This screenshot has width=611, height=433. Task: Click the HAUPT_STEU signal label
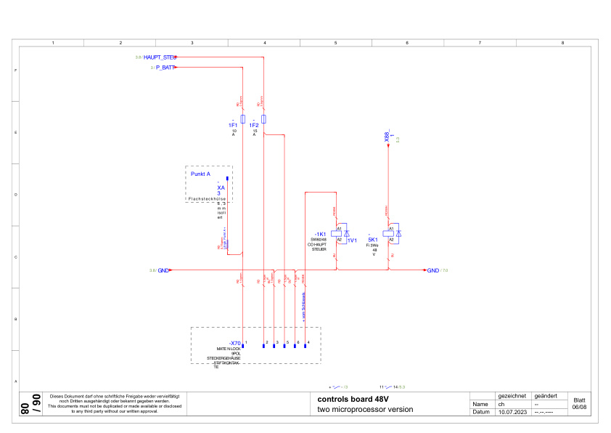160,56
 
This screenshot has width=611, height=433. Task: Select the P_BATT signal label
165,68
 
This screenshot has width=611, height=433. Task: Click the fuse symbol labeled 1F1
242,118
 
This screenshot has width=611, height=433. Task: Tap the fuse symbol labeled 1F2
263,118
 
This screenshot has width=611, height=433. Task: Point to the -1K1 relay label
320,234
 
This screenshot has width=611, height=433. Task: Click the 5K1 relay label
372,239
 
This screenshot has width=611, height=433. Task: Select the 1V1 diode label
353,240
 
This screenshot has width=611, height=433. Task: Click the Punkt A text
200,174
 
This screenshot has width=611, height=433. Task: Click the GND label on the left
163,270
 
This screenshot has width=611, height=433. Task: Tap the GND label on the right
432,270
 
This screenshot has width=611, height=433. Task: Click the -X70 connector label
234,342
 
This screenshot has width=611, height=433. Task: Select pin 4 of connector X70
305,346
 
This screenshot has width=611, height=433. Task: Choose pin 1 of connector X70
242,346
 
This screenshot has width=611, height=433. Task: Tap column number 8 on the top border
563,44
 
